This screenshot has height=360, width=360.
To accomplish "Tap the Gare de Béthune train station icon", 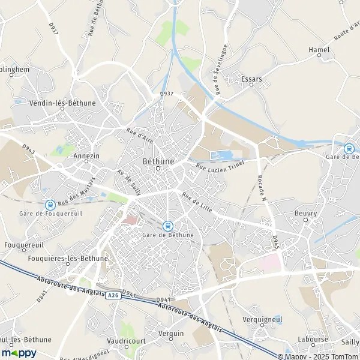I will coord(169,226).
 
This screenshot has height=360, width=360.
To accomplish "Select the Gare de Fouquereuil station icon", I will coord(49,205).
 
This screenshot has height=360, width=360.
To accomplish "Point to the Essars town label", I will coord(252,79).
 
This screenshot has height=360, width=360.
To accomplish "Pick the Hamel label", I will coord(319,49).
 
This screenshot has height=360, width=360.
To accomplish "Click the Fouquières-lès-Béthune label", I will coord(68,259).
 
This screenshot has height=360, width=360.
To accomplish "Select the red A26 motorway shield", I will coord(113,296).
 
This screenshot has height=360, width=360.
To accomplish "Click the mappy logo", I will coord(19,353).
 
